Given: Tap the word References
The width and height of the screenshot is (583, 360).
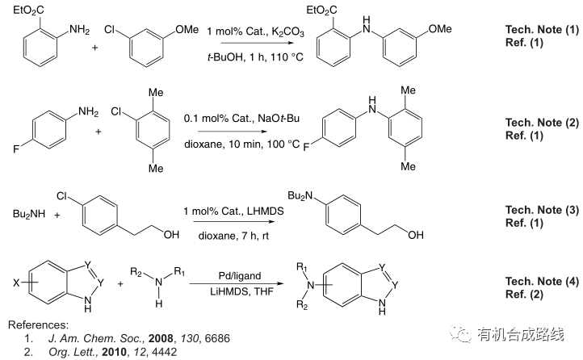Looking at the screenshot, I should [36, 324].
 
